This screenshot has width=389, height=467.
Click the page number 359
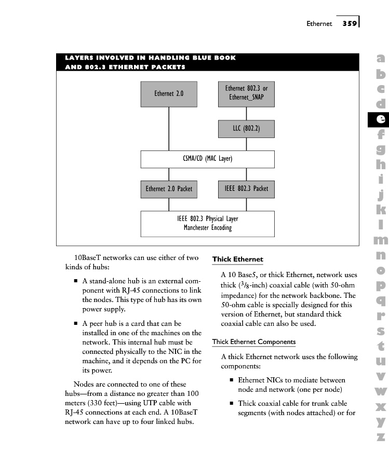(x=349, y=23)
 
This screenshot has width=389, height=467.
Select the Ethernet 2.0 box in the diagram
(x=168, y=94)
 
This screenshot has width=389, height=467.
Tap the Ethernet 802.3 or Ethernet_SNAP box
(x=246, y=93)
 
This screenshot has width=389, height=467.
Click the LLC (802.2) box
(x=246, y=129)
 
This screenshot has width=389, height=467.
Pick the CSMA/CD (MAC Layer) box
(x=207, y=159)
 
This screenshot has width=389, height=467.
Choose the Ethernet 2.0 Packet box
(x=168, y=189)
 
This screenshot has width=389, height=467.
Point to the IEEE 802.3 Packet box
(x=246, y=189)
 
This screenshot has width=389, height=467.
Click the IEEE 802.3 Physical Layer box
(x=207, y=223)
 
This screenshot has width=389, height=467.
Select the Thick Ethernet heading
(x=237, y=259)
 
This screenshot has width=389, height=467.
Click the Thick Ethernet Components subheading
(x=254, y=342)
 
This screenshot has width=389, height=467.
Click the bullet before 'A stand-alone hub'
(x=76, y=281)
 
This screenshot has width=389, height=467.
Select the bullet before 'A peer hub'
(x=76, y=324)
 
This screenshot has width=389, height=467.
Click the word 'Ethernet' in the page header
(x=319, y=24)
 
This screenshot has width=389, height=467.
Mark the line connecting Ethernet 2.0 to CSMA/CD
(x=168, y=129)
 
